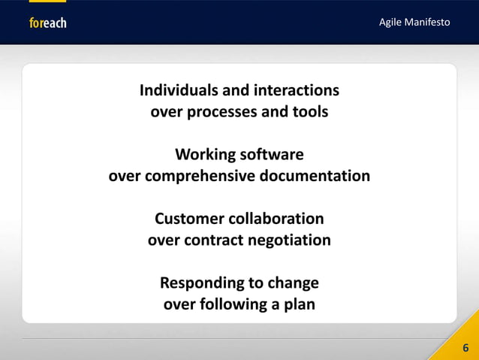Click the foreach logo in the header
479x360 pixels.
[x=47, y=23]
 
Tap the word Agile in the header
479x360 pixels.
[x=390, y=23]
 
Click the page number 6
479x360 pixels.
[x=465, y=348]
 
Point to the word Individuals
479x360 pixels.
[x=177, y=91]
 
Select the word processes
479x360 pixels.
[x=222, y=113]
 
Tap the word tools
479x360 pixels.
[x=310, y=113]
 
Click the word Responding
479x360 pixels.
[x=197, y=283]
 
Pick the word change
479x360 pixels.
[x=294, y=283]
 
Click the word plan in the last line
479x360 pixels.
[x=298, y=305]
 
